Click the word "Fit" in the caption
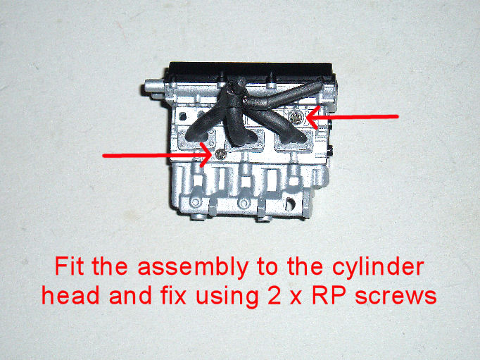[x=69, y=266]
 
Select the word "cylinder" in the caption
[x=378, y=267]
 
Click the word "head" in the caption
[x=70, y=294]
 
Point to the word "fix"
[x=172, y=294]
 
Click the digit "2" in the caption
[x=274, y=295]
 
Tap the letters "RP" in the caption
[x=329, y=295]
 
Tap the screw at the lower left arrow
[x=220, y=155]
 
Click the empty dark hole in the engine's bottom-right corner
[x=290, y=202]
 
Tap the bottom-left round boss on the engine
[x=195, y=202]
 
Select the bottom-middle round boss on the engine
[x=244, y=202]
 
